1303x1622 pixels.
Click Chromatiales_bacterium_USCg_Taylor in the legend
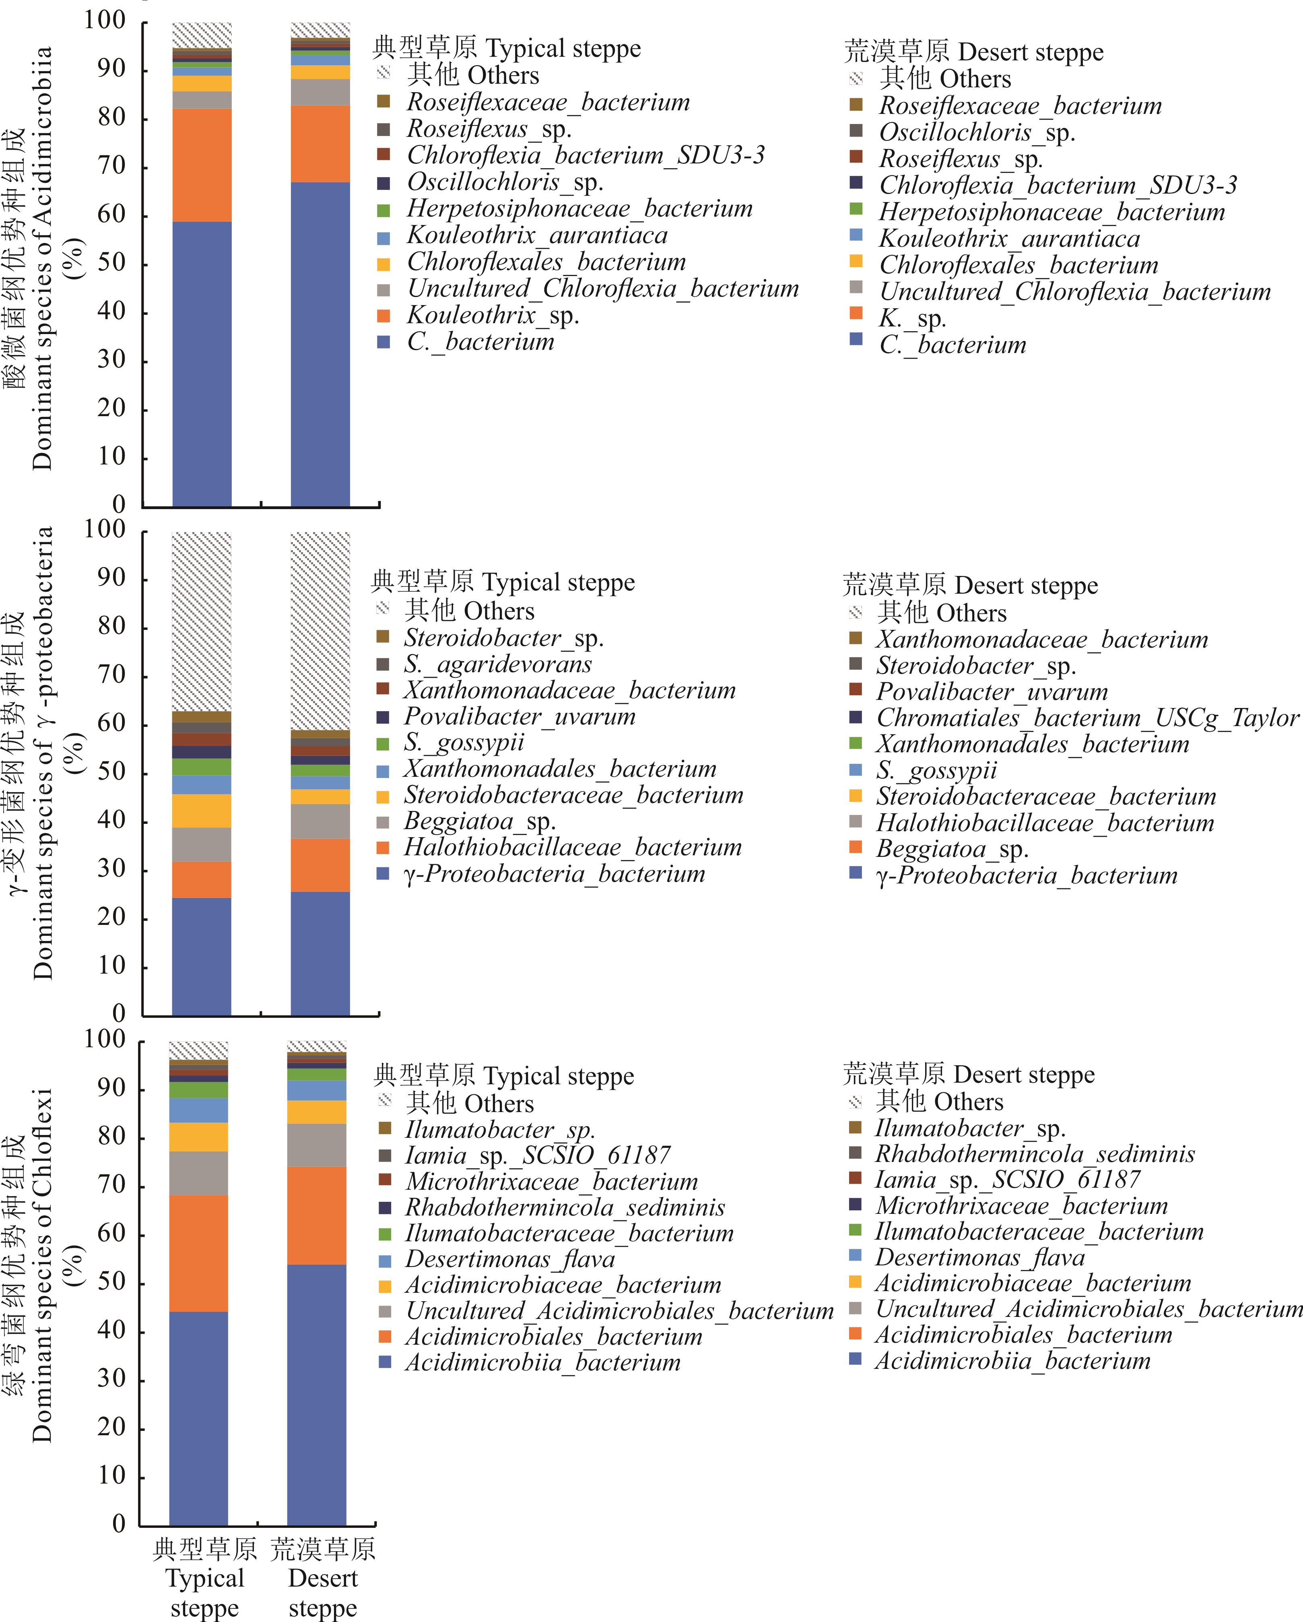pos(1087,718)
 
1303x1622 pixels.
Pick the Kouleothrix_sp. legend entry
pos(493,315)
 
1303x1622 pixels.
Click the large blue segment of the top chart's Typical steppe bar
pos(202,363)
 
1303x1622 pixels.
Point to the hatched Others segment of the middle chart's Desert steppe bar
pos(320,630)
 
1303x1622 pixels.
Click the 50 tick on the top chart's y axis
pos(111,263)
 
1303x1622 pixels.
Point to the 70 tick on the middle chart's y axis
pos(111,675)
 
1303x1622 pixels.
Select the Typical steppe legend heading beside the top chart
pos(507,48)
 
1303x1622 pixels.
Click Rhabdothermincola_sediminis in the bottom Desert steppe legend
pos(1035,1154)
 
